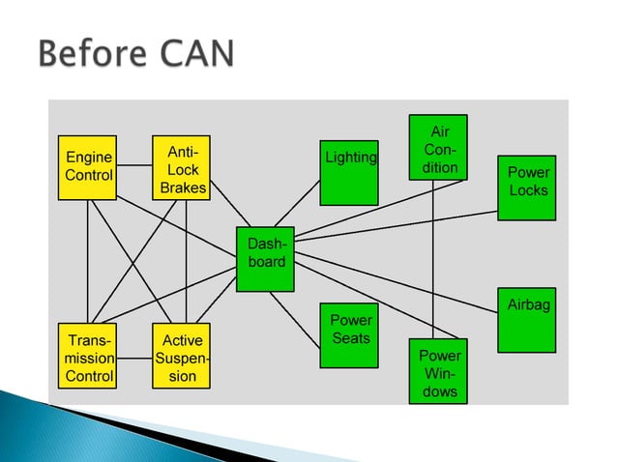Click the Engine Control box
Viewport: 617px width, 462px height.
point(87,167)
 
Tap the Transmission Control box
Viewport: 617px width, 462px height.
point(87,356)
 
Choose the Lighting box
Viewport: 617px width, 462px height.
point(349,173)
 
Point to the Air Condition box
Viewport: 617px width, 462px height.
point(440,148)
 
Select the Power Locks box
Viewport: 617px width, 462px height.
point(527,188)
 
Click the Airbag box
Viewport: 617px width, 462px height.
point(527,320)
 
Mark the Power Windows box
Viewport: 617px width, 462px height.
point(439,370)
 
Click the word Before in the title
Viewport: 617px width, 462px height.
point(88,54)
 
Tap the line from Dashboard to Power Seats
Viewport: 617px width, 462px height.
point(294,318)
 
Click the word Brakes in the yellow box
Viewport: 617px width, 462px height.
point(183,188)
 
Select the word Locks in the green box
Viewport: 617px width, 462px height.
point(528,190)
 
